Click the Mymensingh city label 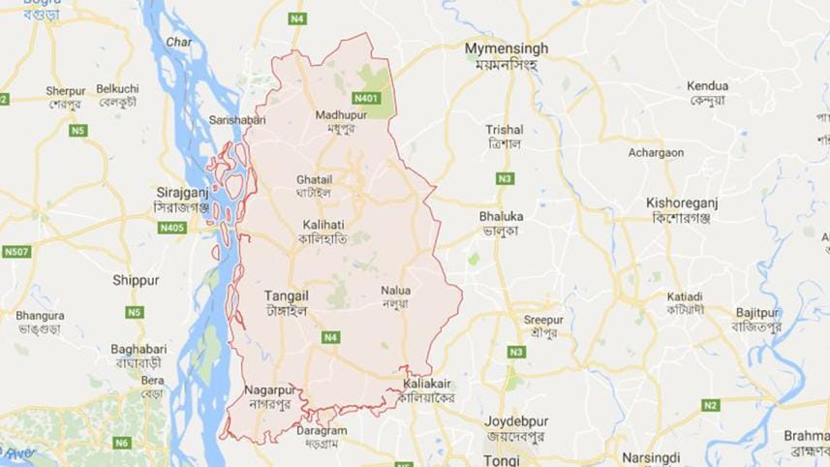[x=507, y=48]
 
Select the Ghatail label [x=314, y=180]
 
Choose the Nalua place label [x=396, y=290]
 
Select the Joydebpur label [x=524, y=422]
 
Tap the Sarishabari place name [x=237, y=119]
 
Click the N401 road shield [x=366, y=98]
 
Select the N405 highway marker [x=170, y=227]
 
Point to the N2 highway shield [x=711, y=404]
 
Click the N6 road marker [x=121, y=442]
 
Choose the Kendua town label [x=709, y=85]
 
